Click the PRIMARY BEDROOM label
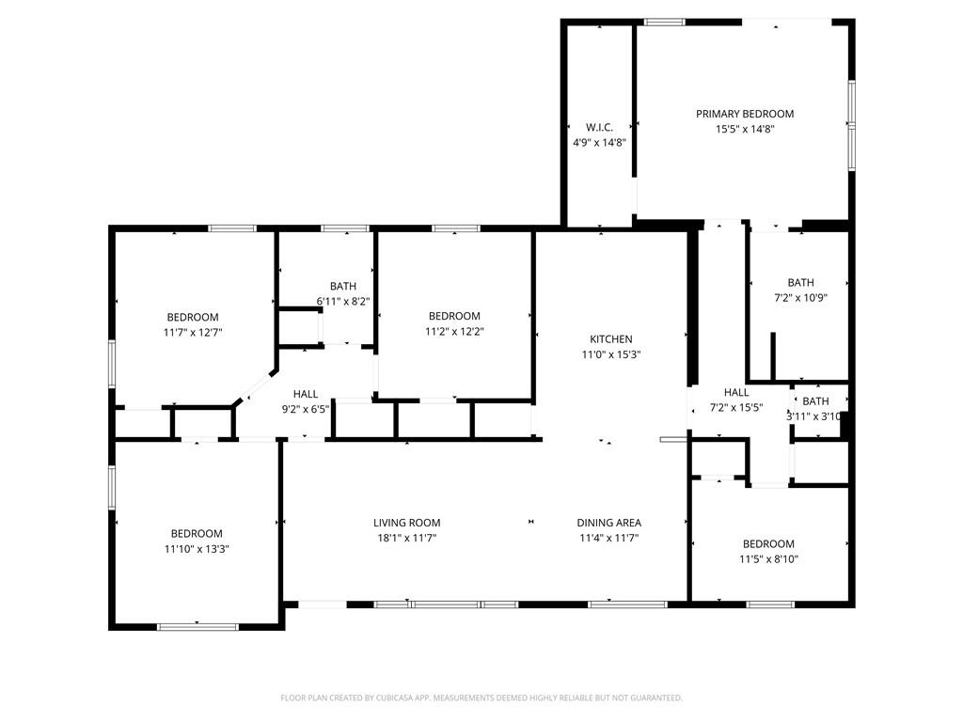(x=744, y=114)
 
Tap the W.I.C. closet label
(x=599, y=127)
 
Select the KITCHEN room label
(x=610, y=339)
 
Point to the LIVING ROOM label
(x=406, y=523)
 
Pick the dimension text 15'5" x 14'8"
(x=744, y=130)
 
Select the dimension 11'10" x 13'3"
(x=197, y=548)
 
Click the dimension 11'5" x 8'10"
(x=768, y=558)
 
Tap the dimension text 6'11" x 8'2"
(x=342, y=302)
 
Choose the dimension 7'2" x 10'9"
(x=800, y=297)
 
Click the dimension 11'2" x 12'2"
(x=454, y=331)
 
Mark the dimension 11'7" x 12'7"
(x=193, y=332)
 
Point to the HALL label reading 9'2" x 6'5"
(x=306, y=394)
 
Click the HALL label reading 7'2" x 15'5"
(x=736, y=392)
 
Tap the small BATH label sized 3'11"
(x=815, y=401)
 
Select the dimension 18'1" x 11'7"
(x=406, y=538)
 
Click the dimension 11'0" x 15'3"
(x=610, y=354)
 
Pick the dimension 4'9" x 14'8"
(x=599, y=142)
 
